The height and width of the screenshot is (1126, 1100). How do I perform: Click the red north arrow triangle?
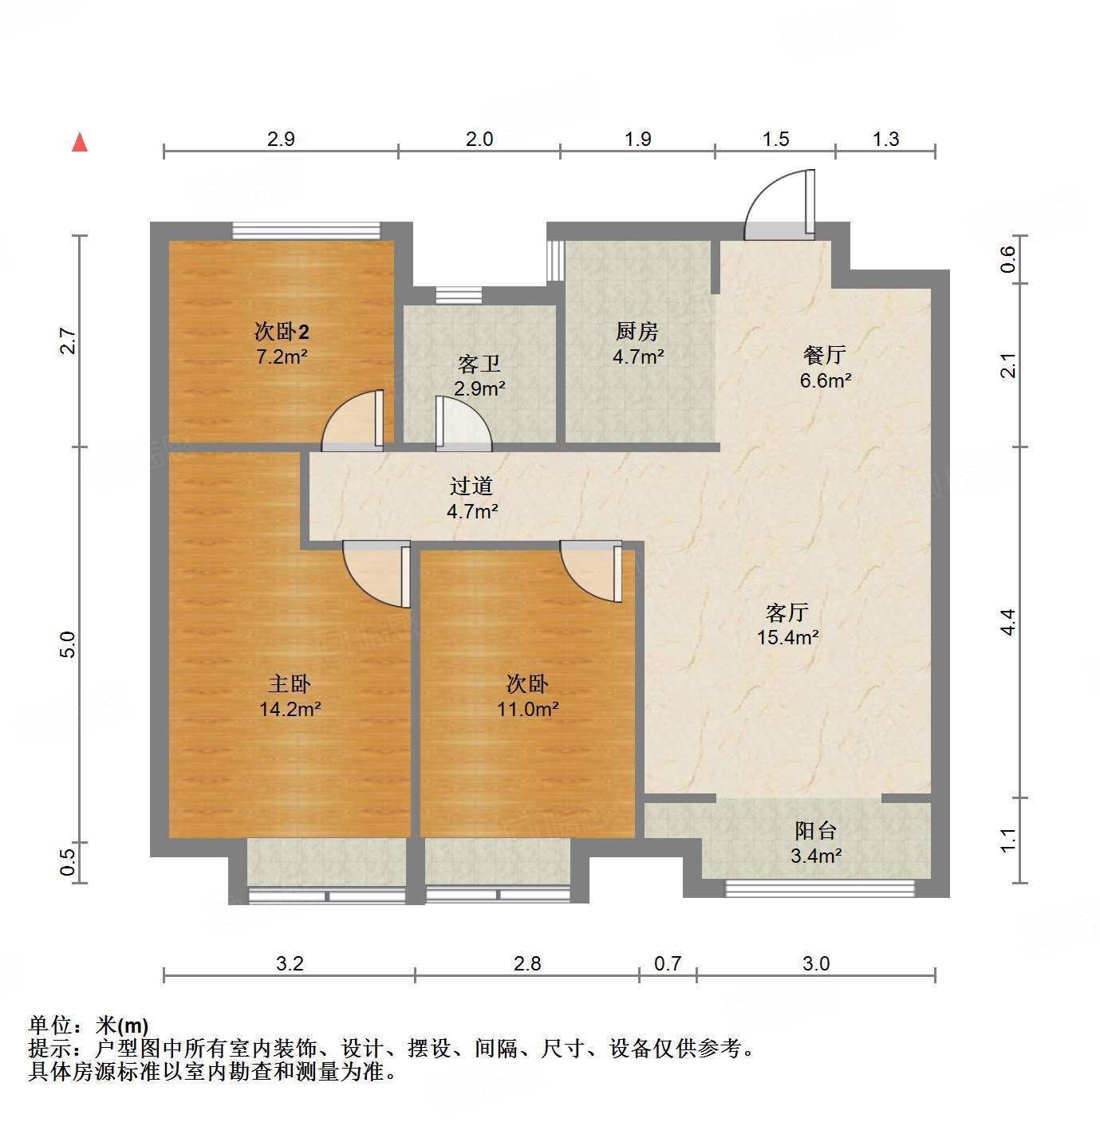tap(80, 142)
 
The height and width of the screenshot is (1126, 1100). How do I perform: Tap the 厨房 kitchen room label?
tap(637, 331)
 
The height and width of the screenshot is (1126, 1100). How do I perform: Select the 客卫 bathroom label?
tap(479, 364)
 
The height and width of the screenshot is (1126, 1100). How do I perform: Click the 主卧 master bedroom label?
tap(290, 683)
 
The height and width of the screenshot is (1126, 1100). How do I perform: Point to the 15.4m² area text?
tap(788, 637)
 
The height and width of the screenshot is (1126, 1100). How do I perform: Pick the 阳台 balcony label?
tap(815, 831)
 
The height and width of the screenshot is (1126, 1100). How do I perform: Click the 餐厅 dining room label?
tap(825, 355)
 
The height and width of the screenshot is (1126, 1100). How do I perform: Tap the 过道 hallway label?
tap(471, 486)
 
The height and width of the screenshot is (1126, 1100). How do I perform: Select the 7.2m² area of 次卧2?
tap(282, 356)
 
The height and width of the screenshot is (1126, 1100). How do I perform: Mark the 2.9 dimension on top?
tap(281, 140)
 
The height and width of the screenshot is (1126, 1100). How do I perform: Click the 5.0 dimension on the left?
tap(68, 644)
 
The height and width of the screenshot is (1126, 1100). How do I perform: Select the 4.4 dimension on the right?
tap(1009, 621)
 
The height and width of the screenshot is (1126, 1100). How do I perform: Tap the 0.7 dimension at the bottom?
tap(668, 964)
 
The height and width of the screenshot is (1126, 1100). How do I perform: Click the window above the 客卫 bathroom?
tap(459, 295)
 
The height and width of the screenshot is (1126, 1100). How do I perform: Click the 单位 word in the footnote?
tap(49, 1026)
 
